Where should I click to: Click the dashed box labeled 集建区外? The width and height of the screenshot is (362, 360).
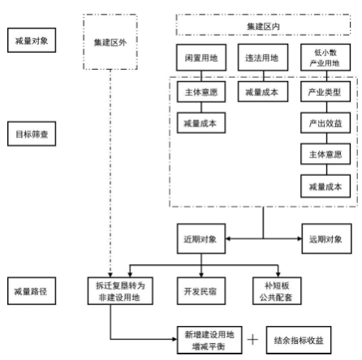point(110,41)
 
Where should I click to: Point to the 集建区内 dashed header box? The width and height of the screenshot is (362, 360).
point(262,25)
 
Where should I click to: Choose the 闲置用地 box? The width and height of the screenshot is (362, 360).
point(200,61)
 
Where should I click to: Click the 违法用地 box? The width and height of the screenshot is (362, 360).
point(262,61)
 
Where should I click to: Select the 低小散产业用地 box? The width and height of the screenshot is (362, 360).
point(325,61)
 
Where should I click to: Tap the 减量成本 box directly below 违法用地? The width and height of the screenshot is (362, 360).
point(262,92)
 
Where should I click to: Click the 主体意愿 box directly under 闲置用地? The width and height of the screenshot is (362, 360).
point(200,92)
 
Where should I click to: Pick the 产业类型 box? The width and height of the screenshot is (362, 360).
point(325,92)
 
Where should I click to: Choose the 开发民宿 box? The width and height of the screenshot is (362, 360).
point(200,289)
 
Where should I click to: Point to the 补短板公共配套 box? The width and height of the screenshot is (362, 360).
point(278,289)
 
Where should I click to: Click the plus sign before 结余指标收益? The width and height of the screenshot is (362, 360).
point(252,339)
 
